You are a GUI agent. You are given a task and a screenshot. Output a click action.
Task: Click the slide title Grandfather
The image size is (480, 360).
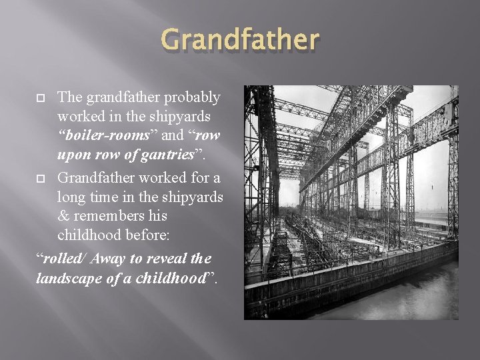[x=240, y=41]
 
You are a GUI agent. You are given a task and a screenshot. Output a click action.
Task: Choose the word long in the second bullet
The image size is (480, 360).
[x=71, y=198]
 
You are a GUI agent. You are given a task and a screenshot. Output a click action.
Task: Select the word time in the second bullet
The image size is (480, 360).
[x=107, y=198]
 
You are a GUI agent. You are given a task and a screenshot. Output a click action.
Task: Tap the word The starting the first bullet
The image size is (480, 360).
[x=70, y=97]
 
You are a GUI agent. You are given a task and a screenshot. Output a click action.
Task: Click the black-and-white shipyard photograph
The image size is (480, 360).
[x=351, y=203]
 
